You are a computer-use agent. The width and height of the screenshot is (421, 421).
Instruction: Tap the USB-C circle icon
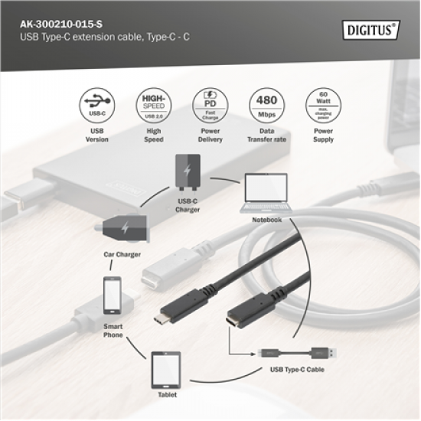pyautogui.click(x=97, y=106)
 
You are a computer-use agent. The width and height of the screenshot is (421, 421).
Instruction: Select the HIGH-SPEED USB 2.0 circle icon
pyautogui.click(x=154, y=106)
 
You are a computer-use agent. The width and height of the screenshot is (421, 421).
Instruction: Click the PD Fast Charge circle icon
pyautogui.click(x=209, y=106)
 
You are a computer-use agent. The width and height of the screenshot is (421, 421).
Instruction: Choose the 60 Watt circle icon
pyautogui.click(x=322, y=106)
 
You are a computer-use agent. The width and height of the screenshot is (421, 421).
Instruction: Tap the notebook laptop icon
pyautogui.click(x=266, y=193)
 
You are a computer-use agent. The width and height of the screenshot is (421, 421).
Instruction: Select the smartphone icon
pyautogui.click(x=113, y=296)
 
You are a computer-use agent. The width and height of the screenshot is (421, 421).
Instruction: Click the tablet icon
pyautogui.click(x=166, y=367)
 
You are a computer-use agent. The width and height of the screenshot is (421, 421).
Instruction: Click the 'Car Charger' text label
pyautogui.click(x=122, y=253)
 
